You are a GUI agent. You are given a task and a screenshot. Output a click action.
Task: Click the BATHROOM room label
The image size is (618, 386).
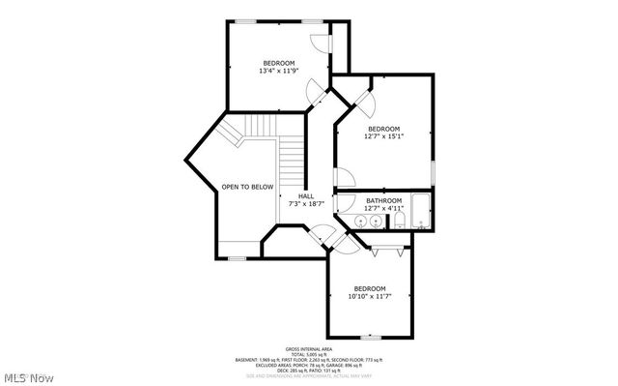tap(382, 200)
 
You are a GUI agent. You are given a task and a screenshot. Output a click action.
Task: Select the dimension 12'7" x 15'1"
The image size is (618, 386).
tap(382, 136)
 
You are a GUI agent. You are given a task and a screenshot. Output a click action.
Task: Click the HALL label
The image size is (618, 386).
tap(305, 196)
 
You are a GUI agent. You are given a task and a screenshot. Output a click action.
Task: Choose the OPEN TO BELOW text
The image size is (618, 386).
tap(247, 187)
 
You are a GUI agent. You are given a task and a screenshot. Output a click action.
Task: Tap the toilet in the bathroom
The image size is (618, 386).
tap(398, 223)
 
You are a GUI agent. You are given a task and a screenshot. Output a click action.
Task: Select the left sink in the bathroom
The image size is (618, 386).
tap(359, 223)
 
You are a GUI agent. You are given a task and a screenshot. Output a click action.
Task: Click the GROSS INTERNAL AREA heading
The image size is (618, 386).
tap(308, 348)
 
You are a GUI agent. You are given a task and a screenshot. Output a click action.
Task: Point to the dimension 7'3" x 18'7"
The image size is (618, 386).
tap(305, 204)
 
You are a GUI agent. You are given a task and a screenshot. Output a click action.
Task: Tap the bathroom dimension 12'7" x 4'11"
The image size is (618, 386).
tap(382, 208)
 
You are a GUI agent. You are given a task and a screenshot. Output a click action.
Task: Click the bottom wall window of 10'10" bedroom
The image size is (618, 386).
tap(371, 337)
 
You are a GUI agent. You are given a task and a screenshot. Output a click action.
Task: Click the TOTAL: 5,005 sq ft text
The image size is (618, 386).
tap(308, 354)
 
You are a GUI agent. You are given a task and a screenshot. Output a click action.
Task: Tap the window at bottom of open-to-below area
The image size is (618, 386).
tap(237, 257)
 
